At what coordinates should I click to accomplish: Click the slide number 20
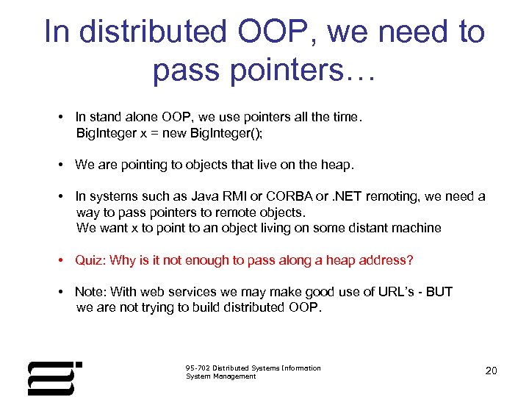pos(491,371)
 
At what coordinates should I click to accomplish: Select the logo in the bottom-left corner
pos(54,377)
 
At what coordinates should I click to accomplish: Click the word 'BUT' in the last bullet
pos(439,292)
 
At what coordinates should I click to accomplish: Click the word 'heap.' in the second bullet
pos(337,165)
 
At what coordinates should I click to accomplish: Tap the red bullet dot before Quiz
pos(64,261)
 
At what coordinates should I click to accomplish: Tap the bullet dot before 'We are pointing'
pos(64,165)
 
